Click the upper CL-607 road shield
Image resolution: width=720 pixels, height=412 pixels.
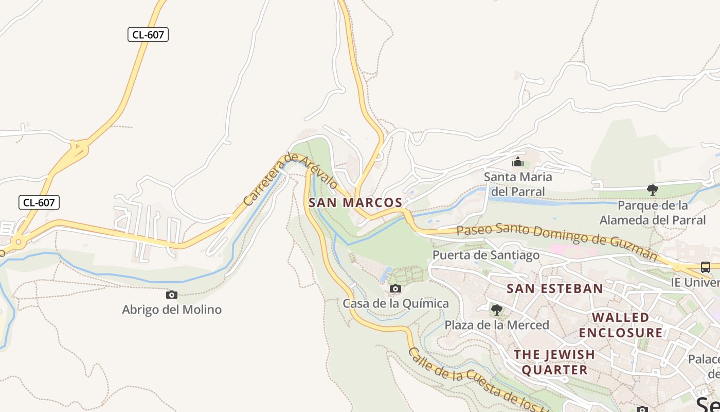[x=148, y=35]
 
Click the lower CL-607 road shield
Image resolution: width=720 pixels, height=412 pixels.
[x=39, y=202]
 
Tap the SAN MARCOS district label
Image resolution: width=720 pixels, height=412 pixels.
[x=355, y=202]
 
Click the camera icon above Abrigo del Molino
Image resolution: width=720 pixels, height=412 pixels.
[x=172, y=295]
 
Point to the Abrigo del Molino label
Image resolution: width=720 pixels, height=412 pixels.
[x=172, y=310]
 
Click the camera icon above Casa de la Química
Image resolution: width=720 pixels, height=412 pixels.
[x=395, y=289]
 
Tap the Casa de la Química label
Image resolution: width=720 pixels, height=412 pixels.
[x=395, y=303]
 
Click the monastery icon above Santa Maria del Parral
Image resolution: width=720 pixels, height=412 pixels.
[x=518, y=163]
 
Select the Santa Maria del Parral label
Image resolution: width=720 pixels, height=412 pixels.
[x=518, y=184]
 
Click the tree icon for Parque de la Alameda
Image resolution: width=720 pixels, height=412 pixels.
[x=653, y=190]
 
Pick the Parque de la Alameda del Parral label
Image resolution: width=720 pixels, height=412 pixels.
[x=653, y=213]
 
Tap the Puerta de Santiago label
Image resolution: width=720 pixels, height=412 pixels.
[x=486, y=255]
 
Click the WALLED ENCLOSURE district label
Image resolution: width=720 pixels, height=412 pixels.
[x=621, y=324]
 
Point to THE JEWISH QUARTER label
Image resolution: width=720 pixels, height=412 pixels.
[x=554, y=362]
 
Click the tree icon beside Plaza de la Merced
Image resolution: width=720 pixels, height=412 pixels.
[x=496, y=310]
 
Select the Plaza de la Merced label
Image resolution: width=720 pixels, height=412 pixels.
[x=497, y=325]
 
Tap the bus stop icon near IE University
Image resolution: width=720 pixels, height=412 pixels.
[x=706, y=267]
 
